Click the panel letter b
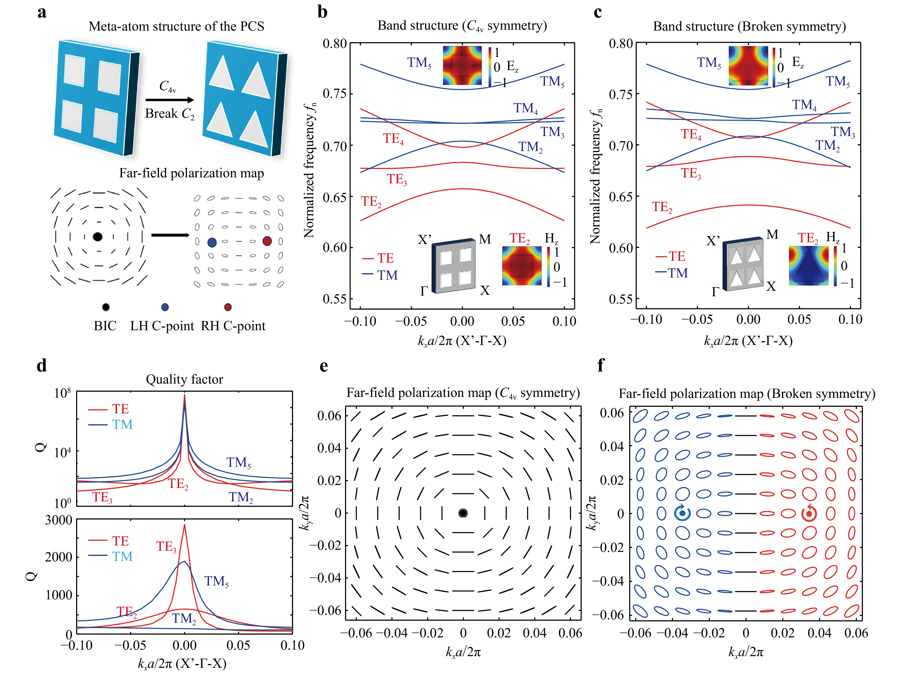click(x=322, y=12)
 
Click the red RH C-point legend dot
click(x=228, y=307)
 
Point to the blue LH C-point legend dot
click(x=165, y=307)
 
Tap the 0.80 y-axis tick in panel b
click(x=335, y=43)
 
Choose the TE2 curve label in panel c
click(x=662, y=207)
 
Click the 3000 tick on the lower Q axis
click(x=58, y=520)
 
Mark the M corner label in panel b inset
click(x=485, y=239)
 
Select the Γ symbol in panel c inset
click(x=715, y=292)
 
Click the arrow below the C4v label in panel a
click(x=169, y=100)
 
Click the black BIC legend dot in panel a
click(x=106, y=307)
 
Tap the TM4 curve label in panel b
click(x=526, y=108)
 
